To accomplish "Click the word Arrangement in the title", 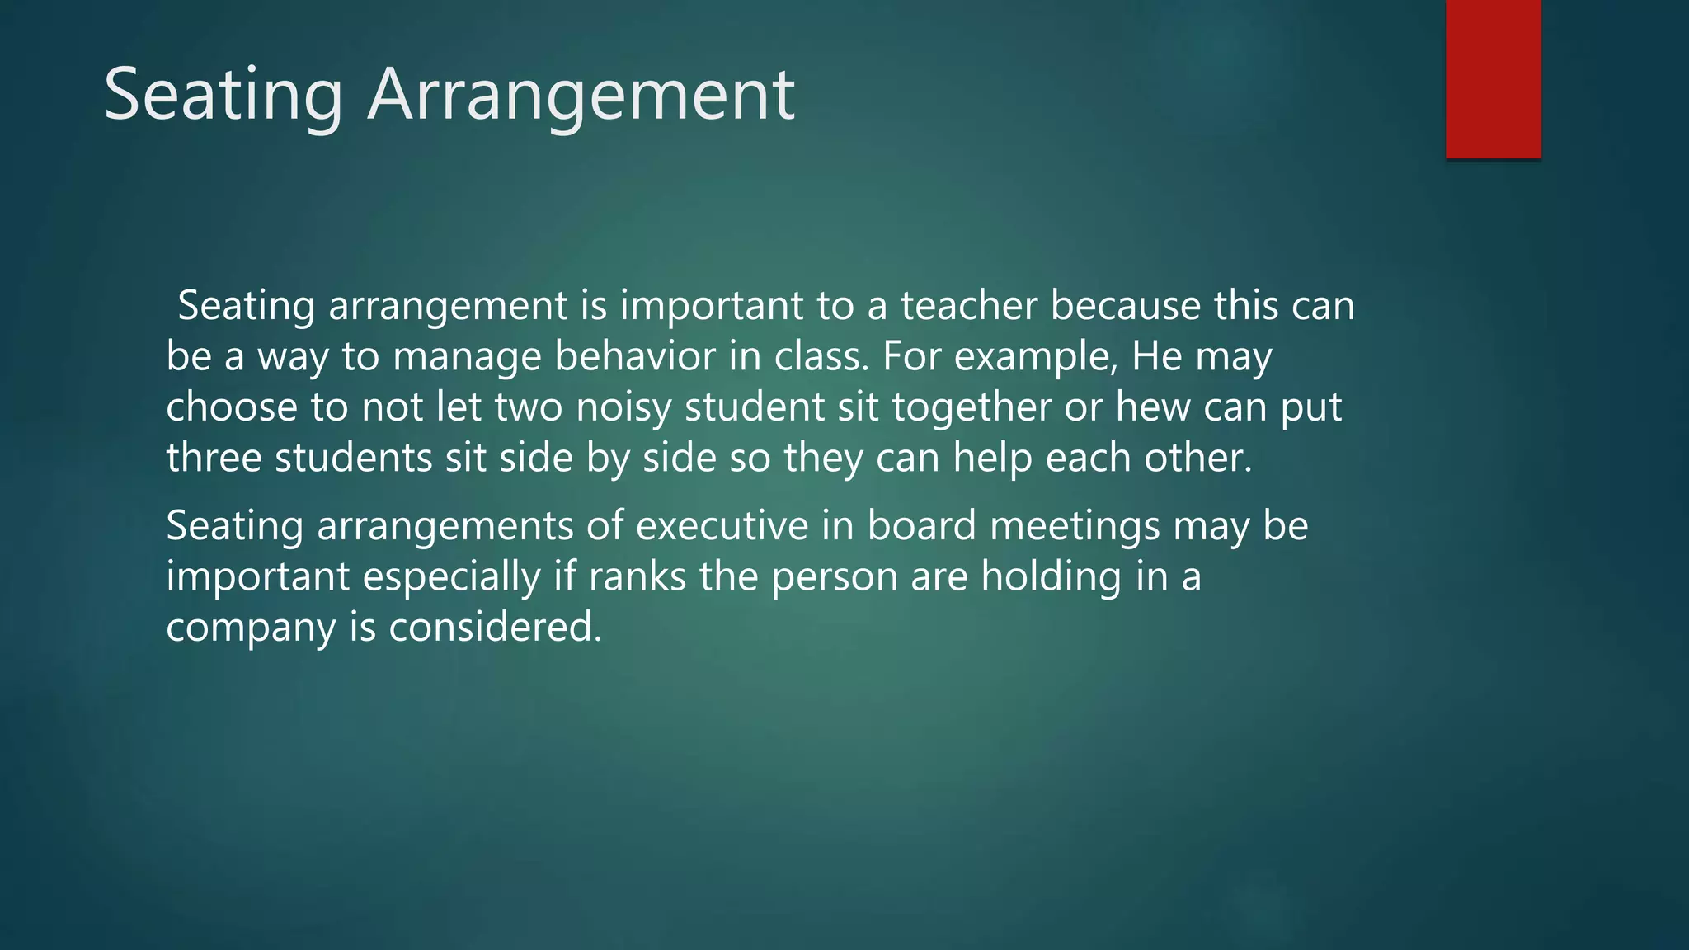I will (x=581, y=96).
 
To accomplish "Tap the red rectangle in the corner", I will (x=1493, y=78).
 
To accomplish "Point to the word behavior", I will (x=635, y=356).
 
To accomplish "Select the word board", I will (x=922, y=526).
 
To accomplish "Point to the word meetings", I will (x=1075, y=526).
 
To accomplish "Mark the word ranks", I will (x=637, y=576).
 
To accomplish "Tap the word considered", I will (x=496, y=628).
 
